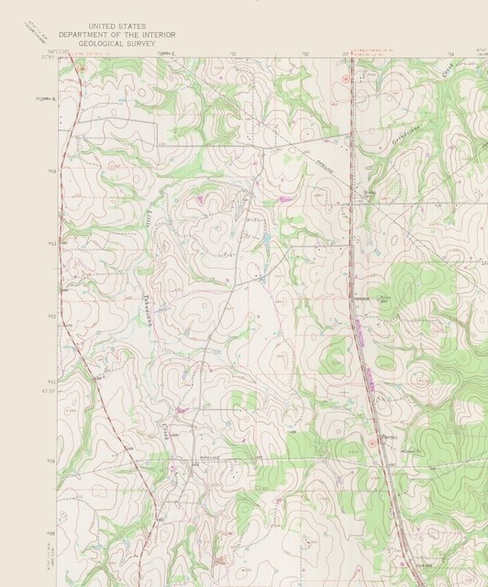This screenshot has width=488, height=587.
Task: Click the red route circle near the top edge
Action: tap(345, 79)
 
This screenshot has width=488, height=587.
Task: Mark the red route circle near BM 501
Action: tap(371, 443)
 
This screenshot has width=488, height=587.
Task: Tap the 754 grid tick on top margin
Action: tap(450, 54)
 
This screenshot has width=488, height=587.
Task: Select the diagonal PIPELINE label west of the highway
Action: tap(316, 151)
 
